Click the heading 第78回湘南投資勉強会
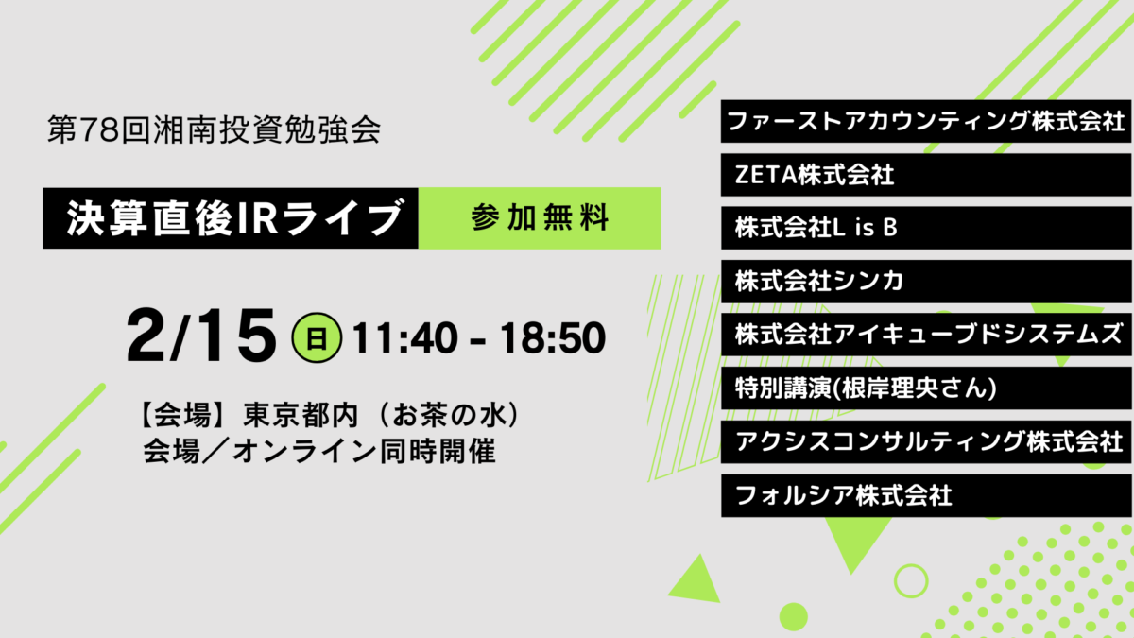coord(214,130)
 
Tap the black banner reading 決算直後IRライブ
coord(231,218)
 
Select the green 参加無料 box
coord(540,218)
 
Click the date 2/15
coord(201,336)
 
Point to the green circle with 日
coord(317,337)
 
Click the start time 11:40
coord(404,337)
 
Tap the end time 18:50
coord(552,337)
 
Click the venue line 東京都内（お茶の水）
coord(381,415)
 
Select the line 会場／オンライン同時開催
coord(319,451)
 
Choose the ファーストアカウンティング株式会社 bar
coord(926,122)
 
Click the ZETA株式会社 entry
coord(926,175)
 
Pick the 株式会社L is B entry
coord(926,228)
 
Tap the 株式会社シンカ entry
coord(926,282)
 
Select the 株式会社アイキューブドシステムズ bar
coord(926,335)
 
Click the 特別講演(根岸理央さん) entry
coord(926,388)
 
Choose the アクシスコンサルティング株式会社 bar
coord(926,442)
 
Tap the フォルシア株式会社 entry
coord(926,495)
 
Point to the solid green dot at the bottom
coord(793,617)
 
